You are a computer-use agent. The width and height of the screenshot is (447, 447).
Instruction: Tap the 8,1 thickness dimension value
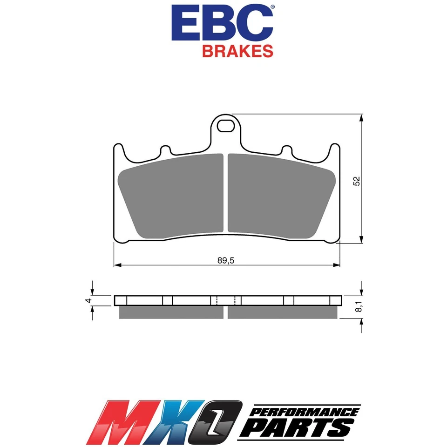point(357,306)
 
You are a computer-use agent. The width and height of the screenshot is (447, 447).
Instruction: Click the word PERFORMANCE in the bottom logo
point(305,412)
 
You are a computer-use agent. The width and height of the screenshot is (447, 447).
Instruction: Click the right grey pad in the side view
point(281,312)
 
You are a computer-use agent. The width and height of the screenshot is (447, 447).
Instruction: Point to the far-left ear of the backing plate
point(118,152)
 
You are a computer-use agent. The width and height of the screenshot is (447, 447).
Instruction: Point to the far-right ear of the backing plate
point(334,152)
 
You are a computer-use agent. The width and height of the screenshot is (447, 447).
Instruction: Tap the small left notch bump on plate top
point(164,150)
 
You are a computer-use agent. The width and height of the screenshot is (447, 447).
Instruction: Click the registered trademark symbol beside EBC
point(273,7)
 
